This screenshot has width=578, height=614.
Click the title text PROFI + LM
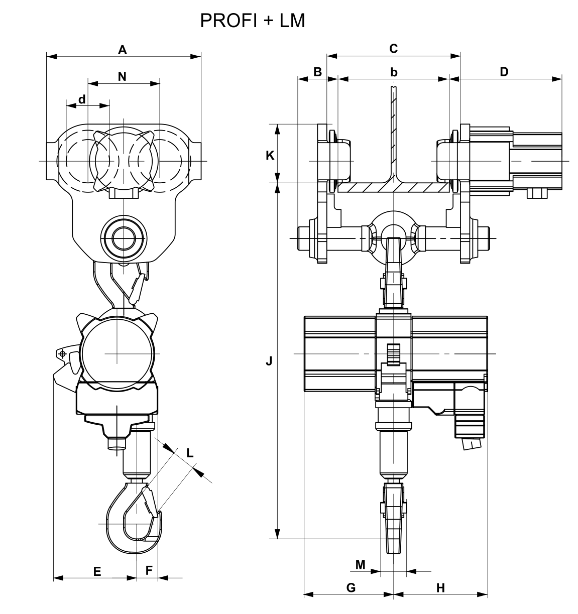point(253,21)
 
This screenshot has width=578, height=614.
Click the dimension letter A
point(123,50)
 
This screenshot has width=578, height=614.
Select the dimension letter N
point(122,76)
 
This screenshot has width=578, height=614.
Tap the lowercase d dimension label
point(82,99)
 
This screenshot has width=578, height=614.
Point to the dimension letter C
point(393,49)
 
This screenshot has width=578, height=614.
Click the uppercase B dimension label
point(317,72)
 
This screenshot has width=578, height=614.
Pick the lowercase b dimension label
point(394,72)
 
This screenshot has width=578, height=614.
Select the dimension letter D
point(504,72)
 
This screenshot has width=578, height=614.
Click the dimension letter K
point(270,156)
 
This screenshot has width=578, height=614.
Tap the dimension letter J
point(269,361)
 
